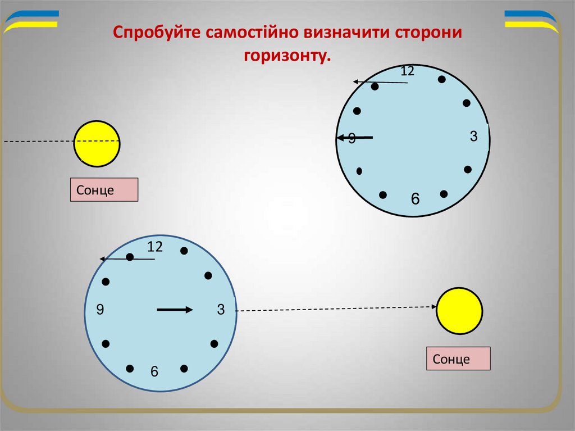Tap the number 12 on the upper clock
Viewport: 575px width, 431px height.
coord(407,71)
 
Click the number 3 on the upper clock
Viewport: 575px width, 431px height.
coord(473,136)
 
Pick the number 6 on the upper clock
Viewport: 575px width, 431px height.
coord(415,198)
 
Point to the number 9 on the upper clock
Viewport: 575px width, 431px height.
coord(352,139)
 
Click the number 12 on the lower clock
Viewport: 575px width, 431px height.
coord(155,246)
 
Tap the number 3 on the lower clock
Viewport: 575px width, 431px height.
coord(221,309)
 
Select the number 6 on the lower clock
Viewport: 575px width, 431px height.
coord(154,372)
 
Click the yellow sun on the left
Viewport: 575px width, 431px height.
coord(97,143)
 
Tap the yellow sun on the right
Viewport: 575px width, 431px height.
coord(459,311)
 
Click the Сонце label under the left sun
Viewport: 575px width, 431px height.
coord(104,190)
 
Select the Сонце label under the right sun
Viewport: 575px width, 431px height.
coord(458,359)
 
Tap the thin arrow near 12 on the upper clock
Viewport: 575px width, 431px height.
coord(380,83)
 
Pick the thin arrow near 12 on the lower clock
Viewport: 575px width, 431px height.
coord(127,259)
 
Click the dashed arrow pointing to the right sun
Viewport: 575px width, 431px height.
coord(337,308)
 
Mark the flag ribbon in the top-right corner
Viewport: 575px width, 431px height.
coord(531,19)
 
